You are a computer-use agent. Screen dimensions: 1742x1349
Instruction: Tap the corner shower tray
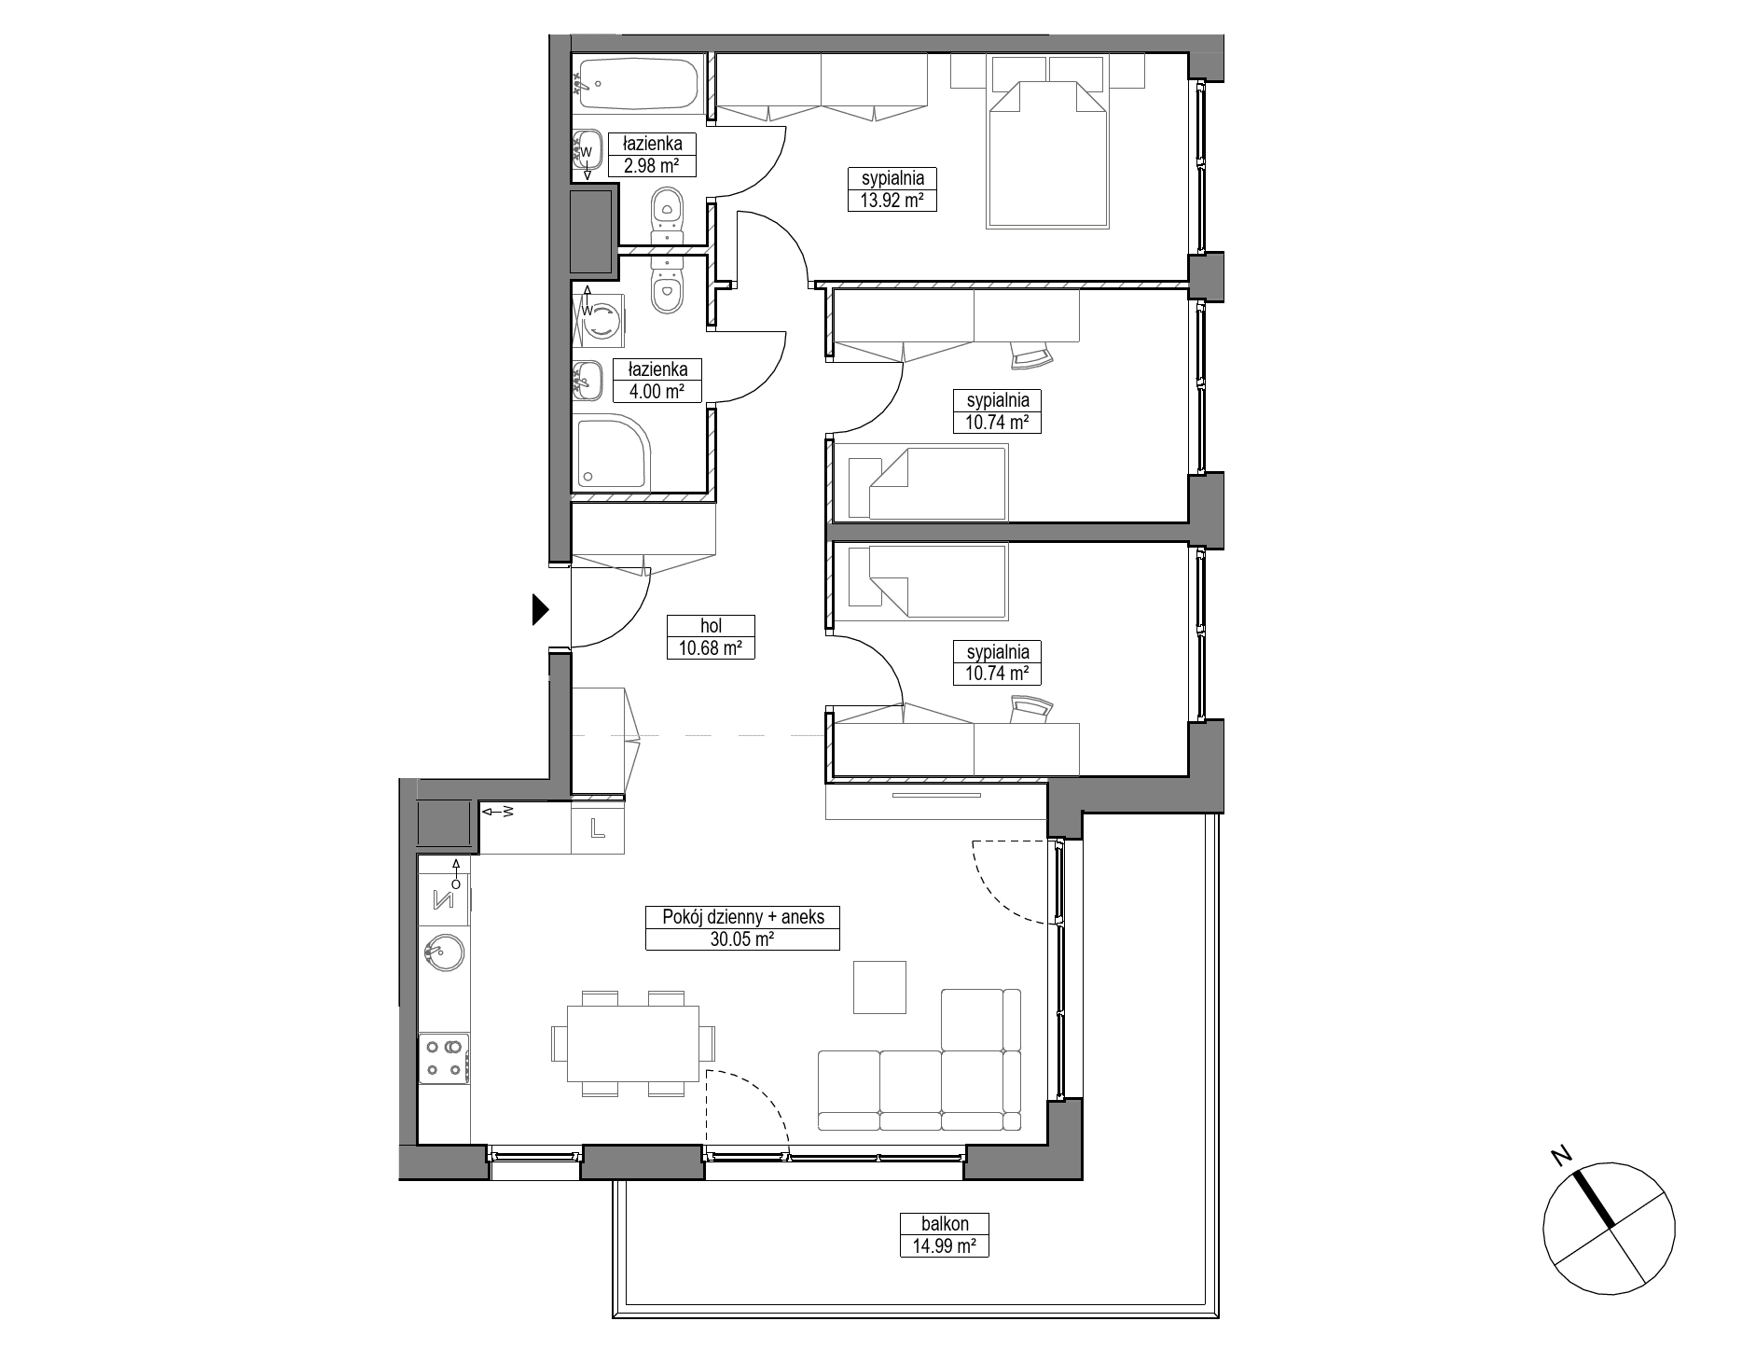pyautogui.click(x=612, y=453)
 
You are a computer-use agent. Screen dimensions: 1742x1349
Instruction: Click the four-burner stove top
pyautogui.click(x=443, y=1058)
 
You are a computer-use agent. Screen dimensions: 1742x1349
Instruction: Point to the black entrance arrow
pyautogui.click(x=540, y=609)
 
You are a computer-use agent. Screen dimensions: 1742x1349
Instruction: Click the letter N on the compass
pyautogui.click(x=1559, y=1157)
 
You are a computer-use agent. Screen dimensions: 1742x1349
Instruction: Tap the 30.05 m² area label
pyautogui.click(x=742, y=940)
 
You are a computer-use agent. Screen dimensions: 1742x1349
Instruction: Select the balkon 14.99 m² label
pyautogui.click(x=944, y=1234)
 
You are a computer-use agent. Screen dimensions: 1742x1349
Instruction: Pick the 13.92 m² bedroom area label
pyautogui.click(x=892, y=200)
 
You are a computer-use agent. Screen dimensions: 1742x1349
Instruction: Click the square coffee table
pyautogui.click(x=880, y=987)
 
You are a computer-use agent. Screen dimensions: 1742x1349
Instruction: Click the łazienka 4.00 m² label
pyautogui.click(x=657, y=381)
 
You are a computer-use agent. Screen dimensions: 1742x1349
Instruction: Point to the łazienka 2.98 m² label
pyautogui.click(x=652, y=155)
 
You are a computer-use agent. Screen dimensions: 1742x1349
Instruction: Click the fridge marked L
pyautogui.click(x=597, y=827)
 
